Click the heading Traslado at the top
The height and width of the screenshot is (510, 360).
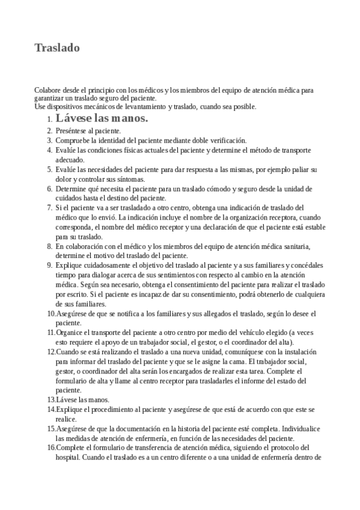click(57, 48)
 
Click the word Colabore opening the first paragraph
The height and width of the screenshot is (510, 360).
click(47, 90)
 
